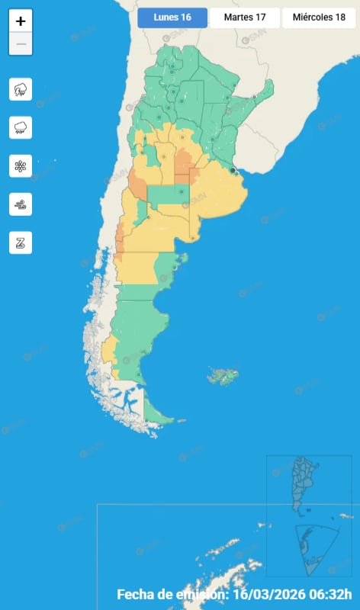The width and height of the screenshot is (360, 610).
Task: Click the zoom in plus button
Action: tap(21, 21)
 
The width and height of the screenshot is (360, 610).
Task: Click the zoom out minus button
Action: tap(21, 44)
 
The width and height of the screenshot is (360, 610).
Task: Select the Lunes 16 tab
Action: tap(172, 18)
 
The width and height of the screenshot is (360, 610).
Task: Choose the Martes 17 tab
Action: tap(244, 18)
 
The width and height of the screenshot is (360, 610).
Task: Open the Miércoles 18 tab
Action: tap(319, 18)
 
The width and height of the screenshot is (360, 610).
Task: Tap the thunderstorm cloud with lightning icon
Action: tap(21, 89)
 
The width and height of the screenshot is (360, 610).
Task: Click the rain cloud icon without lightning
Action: tap(21, 127)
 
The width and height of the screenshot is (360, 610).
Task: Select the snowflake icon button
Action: tap(21, 165)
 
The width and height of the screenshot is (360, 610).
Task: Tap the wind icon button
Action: tap(21, 204)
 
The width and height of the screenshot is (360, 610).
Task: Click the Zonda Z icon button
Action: tap(21, 242)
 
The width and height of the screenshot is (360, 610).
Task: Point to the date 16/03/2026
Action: tap(269, 594)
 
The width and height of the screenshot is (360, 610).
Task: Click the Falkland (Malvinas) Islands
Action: tap(223, 375)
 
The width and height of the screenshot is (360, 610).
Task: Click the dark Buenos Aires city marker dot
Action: tap(233, 170)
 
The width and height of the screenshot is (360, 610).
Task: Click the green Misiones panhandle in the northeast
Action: tap(264, 96)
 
